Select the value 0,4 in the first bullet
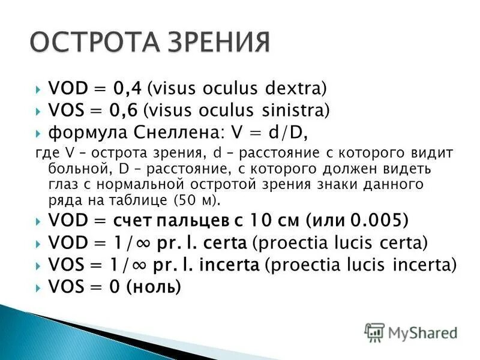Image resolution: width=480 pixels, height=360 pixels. pos(129,89)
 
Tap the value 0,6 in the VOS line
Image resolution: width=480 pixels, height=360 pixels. pos(128,111)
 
